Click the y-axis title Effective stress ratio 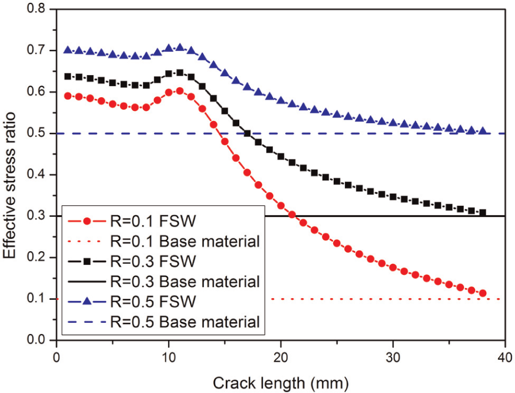(x=9, y=185)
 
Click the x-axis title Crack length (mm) (x=281, y=383)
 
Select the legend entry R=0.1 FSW (x=132, y=221)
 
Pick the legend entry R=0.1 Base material (x=164, y=241)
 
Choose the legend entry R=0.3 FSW (x=132, y=262)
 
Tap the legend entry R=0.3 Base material (x=164, y=282)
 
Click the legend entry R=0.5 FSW (x=132, y=301)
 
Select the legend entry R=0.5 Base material (x=164, y=322)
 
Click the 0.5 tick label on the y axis (x=36, y=133)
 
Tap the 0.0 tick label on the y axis (x=36, y=340)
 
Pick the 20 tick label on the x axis (x=281, y=357)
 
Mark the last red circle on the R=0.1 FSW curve (x=483, y=293)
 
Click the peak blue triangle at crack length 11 (x=180, y=47)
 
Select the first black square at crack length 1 (x=67, y=76)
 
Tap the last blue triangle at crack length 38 (x=483, y=131)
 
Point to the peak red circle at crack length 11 (x=180, y=91)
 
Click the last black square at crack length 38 (x=483, y=213)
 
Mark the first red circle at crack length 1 (x=67, y=96)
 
